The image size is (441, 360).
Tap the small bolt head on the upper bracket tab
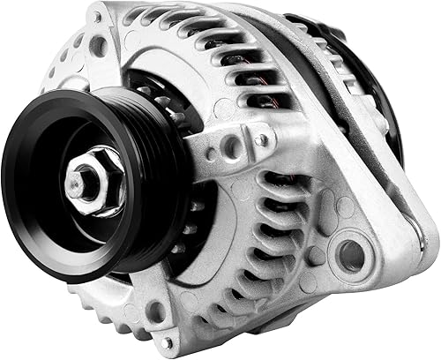tap(262, 138)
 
